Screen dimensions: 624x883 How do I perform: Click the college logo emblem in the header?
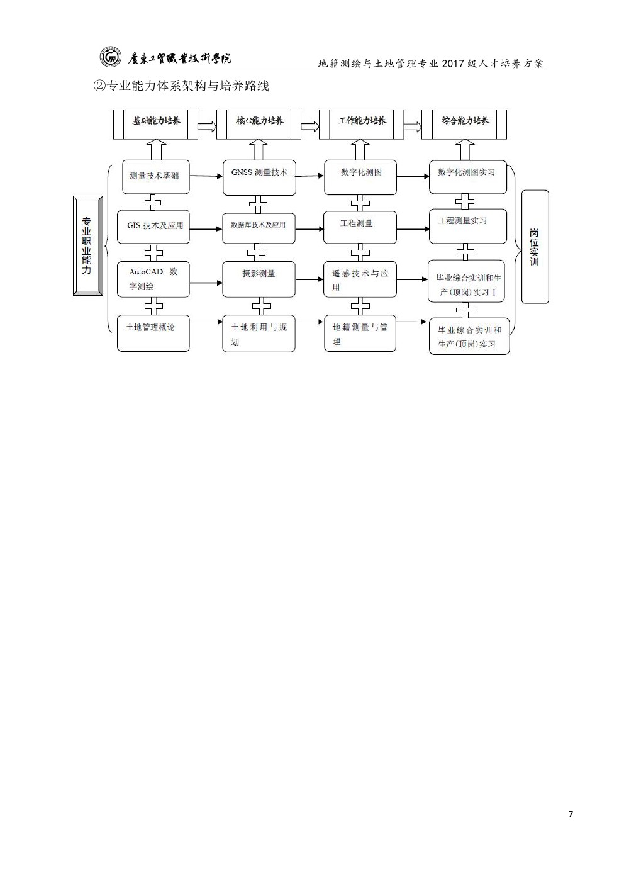(109, 58)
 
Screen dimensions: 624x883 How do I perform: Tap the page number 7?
(571, 814)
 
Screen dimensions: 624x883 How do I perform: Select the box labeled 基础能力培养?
(155, 124)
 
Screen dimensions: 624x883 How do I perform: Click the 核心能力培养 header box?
(259, 124)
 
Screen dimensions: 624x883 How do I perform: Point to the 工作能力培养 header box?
(361, 124)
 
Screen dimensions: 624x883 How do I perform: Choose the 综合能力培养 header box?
(464, 124)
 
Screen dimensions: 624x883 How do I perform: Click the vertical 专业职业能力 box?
(88, 245)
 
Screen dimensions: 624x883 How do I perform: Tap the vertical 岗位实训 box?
(535, 247)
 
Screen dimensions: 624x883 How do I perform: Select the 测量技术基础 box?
(155, 177)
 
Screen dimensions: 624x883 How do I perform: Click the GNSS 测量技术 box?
(259, 177)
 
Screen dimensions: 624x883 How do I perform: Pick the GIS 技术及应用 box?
(153, 227)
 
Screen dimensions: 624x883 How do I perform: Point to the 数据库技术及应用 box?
(259, 228)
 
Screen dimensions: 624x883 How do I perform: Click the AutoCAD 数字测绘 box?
(153, 279)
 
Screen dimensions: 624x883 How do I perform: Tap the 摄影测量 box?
(259, 279)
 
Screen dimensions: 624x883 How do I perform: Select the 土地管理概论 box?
(153, 333)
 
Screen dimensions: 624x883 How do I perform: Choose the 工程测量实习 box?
(467, 227)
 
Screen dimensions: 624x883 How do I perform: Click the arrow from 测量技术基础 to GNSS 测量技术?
(206, 176)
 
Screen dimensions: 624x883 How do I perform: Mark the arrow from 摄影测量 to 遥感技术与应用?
(309, 279)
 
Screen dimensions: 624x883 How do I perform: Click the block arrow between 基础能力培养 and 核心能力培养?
(207, 127)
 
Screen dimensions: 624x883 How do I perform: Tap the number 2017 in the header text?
(453, 64)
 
